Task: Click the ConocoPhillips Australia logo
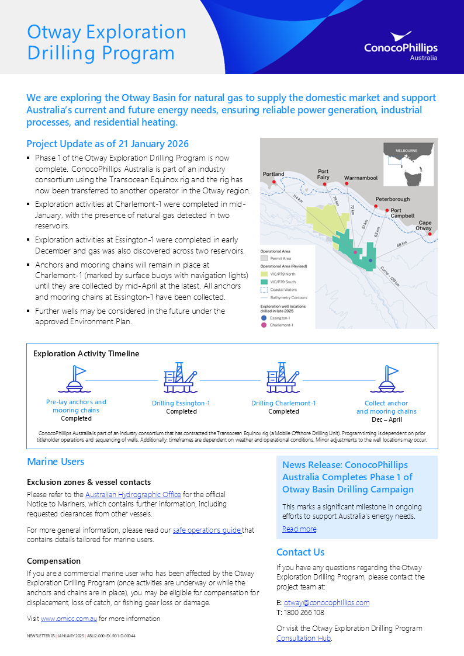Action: click(x=400, y=46)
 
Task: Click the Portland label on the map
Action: click(x=273, y=174)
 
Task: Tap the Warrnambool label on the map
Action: click(x=361, y=178)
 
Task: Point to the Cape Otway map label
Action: click(x=425, y=225)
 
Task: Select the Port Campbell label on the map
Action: click(x=402, y=213)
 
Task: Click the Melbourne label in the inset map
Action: click(x=407, y=150)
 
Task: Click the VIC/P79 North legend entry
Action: click(x=282, y=273)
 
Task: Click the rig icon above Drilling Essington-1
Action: click(x=181, y=377)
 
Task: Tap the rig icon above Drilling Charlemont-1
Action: click(x=283, y=377)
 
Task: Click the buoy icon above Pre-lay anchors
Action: click(x=76, y=379)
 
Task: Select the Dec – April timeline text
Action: click(x=386, y=419)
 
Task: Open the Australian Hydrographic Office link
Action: click(x=133, y=495)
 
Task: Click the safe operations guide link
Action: click(x=207, y=530)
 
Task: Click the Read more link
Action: click(x=299, y=529)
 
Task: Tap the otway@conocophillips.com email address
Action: click(x=326, y=603)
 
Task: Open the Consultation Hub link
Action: click(x=303, y=638)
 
